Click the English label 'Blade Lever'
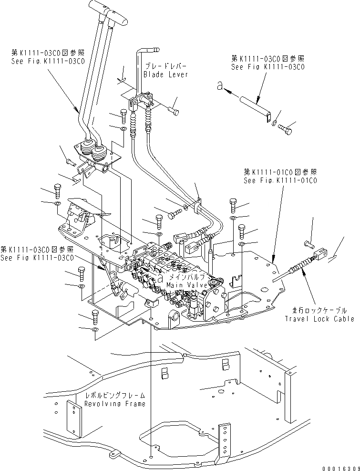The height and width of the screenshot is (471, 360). point(165,74)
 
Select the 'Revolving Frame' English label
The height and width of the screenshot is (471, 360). point(114,404)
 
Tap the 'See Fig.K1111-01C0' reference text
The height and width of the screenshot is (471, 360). point(279,181)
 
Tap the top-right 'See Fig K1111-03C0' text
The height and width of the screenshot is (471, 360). point(267,67)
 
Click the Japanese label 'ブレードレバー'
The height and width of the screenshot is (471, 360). point(165,66)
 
